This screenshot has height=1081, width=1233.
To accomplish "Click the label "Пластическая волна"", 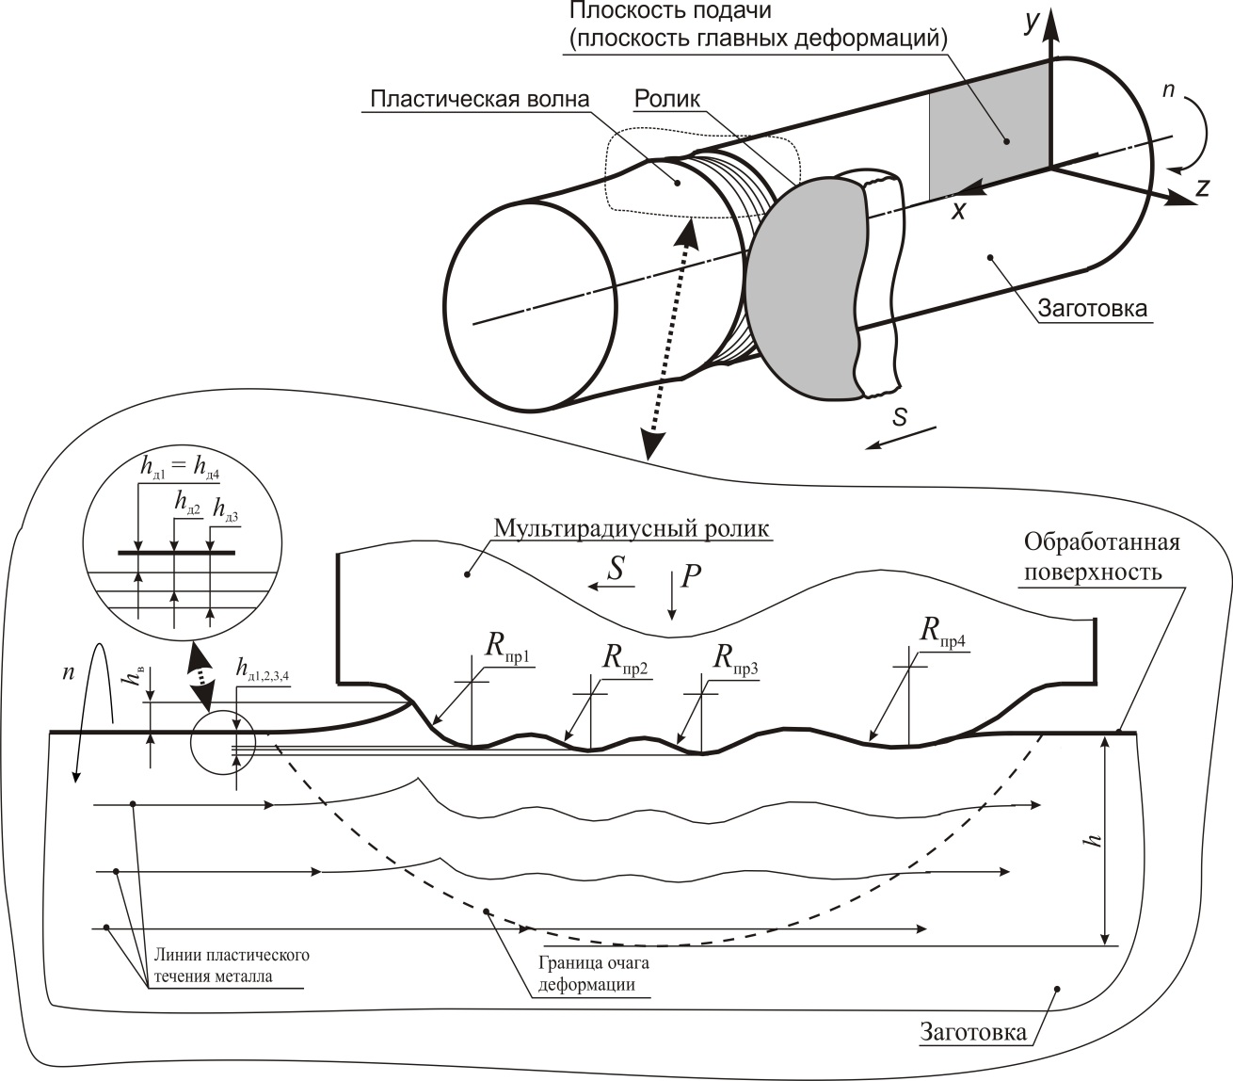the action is pyautogui.click(x=480, y=99).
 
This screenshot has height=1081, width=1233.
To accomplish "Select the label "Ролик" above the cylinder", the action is pyautogui.click(x=667, y=99).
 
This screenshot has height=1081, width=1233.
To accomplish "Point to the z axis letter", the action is pyautogui.click(x=1202, y=187).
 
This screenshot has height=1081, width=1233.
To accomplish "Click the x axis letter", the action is pyautogui.click(x=958, y=210).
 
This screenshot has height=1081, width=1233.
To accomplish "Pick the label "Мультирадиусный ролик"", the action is pyautogui.click(x=632, y=527).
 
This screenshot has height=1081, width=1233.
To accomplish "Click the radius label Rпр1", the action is pyautogui.click(x=507, y=646).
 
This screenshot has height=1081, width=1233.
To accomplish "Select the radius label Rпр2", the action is pyautogui.click(x=625, y=659).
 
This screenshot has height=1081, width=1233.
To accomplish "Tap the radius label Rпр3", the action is pyautogui.click(x=736, y=659).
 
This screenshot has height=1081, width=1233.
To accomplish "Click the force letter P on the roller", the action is pyautogui.click(x=691, y=575).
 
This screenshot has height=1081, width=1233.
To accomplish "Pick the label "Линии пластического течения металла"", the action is pyautogui.click(x=232, y=964).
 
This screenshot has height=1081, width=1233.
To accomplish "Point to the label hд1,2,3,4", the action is pyautogui.click(x=263, y=669).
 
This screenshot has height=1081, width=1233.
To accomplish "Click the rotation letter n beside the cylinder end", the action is pyautogui.click(x=1168, y=89).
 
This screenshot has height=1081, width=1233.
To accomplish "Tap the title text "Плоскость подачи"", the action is pyautogui.click(x=671, y=10).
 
